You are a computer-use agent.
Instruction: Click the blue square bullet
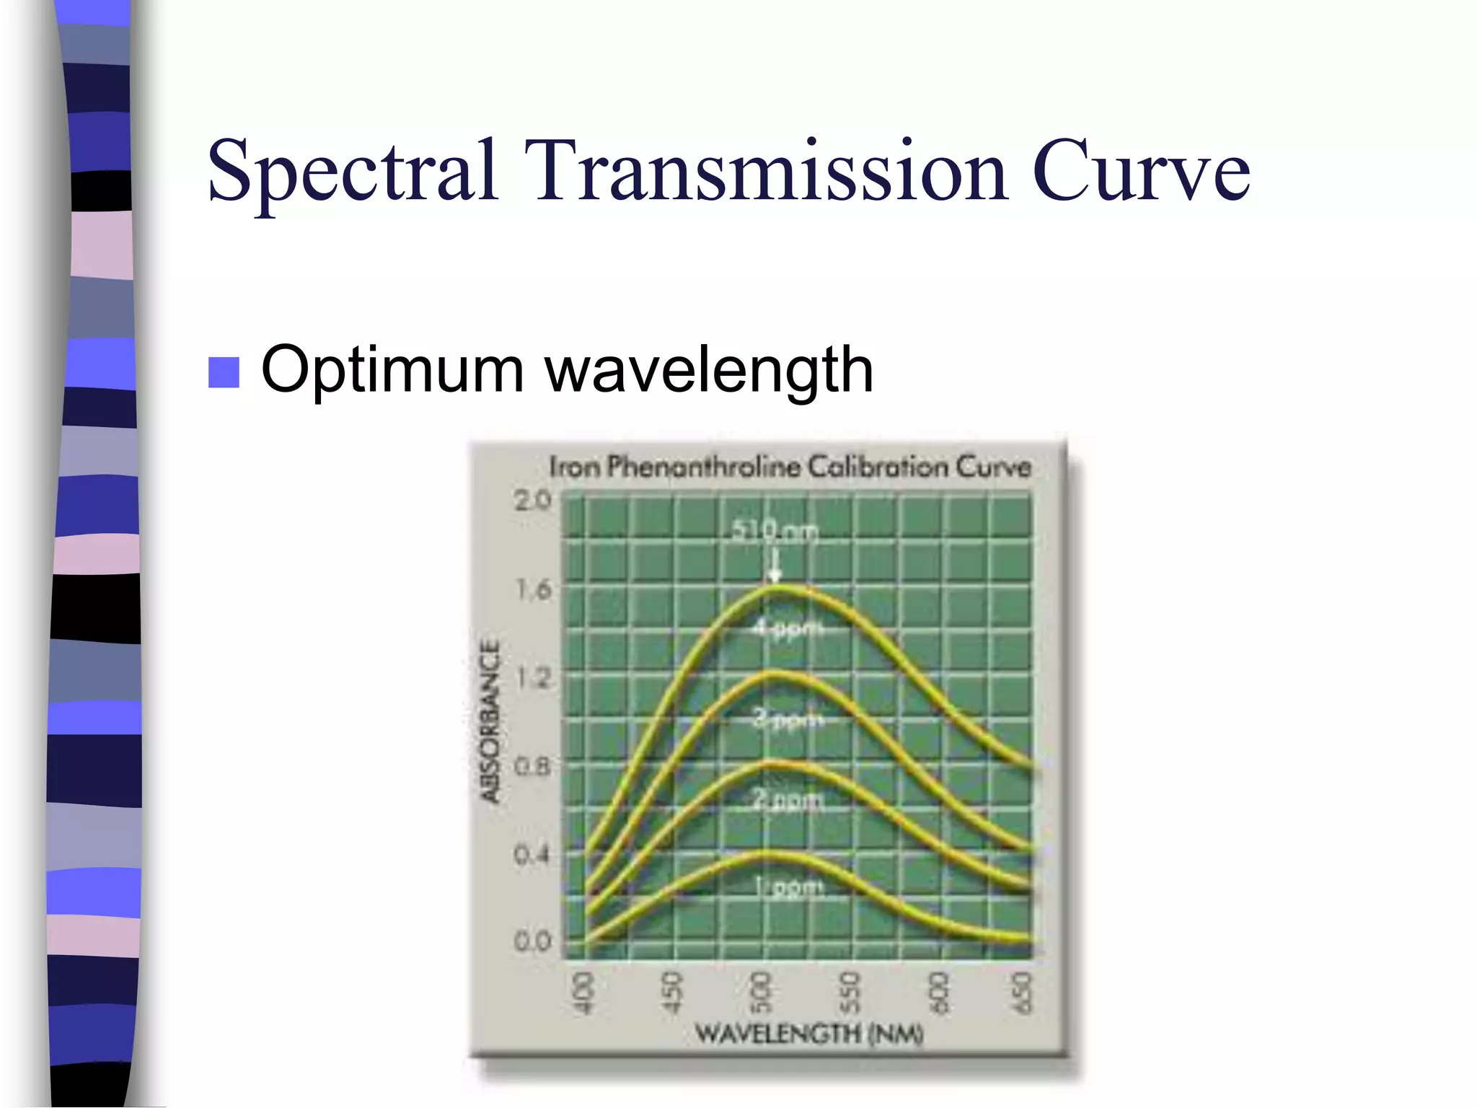coord(224,372)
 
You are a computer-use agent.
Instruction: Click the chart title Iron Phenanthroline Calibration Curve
coord(790,467)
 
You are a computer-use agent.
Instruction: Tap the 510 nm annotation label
coord(775,532)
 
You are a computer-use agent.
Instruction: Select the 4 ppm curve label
coord(787,628)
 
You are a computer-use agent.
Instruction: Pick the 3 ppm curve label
coord(787,718)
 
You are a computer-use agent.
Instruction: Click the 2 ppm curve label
coord(787,799)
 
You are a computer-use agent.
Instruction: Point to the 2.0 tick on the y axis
coord(532,500)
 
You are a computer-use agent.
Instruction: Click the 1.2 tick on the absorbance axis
coord(534,677)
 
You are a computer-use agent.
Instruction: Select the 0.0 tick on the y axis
coord(532,941)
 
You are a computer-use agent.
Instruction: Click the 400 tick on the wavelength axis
coord(583,993)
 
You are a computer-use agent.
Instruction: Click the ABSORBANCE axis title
coord(490,721)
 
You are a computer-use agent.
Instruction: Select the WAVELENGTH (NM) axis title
coord(808,1034)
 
